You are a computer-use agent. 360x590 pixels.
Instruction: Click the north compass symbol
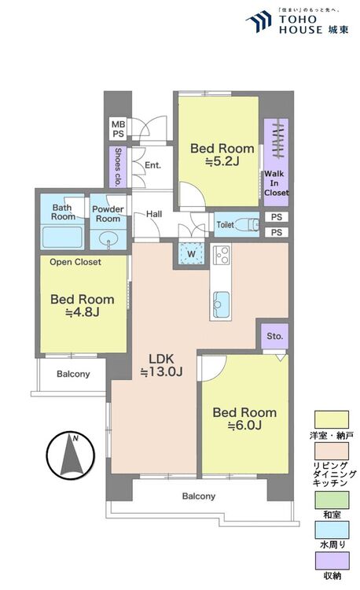coord(70,455)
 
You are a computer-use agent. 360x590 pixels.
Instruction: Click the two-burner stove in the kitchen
coord(221,255)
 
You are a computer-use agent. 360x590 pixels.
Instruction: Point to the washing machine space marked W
coord(191,253)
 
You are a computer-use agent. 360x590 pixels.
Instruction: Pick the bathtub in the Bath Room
coord(62,238)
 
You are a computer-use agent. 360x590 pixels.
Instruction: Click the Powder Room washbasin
coord(108,239)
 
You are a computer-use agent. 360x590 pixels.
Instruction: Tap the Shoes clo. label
coord(118,167)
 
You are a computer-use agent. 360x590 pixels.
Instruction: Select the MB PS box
coord(119,129)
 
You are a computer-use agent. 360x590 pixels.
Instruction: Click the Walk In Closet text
coord(276,183)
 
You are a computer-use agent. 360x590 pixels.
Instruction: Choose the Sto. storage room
coord(274,336)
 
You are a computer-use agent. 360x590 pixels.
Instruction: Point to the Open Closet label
coord(75,262)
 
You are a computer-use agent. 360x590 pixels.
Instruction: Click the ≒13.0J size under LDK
coord(161,372)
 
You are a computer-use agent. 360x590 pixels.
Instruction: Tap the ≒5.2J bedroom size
coord(222,161)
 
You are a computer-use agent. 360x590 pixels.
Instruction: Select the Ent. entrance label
coord(152,165)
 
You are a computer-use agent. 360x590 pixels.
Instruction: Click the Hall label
coord(154,214)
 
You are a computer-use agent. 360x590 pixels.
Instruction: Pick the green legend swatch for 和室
coord(332,500)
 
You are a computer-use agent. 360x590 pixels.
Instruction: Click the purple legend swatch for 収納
coord(332,561)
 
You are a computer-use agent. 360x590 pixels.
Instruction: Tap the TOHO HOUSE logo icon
coord(259,21)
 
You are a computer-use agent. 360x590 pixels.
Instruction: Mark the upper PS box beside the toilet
coord(277,217)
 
